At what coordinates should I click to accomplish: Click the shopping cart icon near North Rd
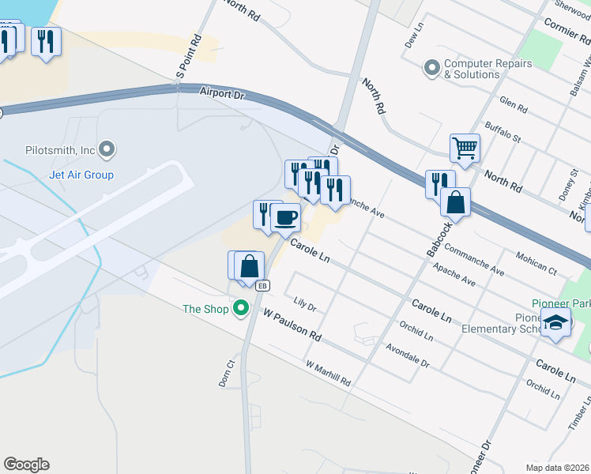465,146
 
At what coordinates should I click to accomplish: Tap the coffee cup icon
285,216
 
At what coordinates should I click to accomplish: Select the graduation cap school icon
556,322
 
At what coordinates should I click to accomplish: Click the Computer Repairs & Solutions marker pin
431,68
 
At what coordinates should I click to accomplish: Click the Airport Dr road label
223,93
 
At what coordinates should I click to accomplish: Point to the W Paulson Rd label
292,325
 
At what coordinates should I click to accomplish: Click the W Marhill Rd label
328,374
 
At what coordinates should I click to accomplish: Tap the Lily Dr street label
304,304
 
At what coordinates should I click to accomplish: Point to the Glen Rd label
513,105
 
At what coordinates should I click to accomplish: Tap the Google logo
26,465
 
